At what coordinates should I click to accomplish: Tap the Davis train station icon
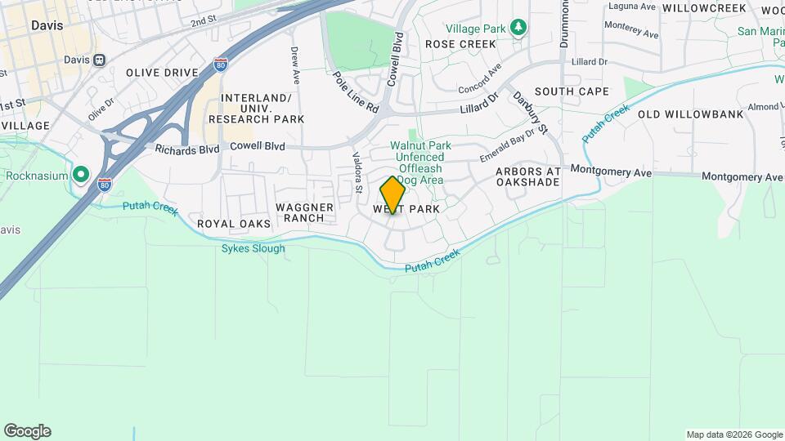[x=100, y=60]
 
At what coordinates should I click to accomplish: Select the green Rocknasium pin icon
[x=81, y=174]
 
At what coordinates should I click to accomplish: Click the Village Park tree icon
[x=518, y=28]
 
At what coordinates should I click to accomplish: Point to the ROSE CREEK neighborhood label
[x=460, y=43]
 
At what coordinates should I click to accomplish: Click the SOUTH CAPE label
[x=572, y=91]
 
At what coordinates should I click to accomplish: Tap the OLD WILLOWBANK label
[x=691, y=114]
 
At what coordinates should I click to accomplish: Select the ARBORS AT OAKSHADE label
[x=527, y=176]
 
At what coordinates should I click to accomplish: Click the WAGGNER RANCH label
[x=304, y=213]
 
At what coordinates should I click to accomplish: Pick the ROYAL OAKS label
[x=234, y=224]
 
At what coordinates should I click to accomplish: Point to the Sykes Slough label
[x=253, y=249]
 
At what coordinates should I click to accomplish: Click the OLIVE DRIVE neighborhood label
[x=162, y=73]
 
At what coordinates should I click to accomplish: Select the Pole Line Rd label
[x=357, y=91]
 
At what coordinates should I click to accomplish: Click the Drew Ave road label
[x=295, y=65]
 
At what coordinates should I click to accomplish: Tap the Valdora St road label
[x=357, y=172]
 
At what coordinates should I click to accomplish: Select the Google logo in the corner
[x=27, y=431]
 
